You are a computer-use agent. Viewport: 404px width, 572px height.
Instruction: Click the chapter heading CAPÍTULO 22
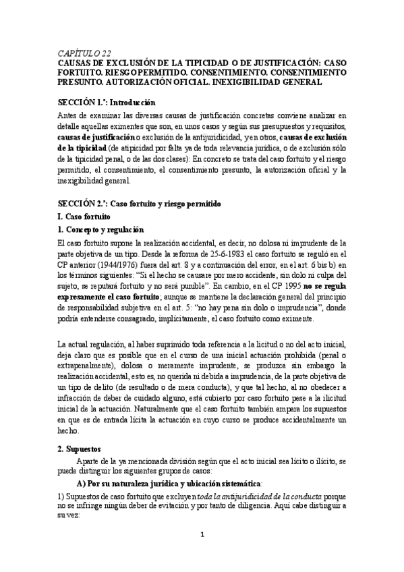pos(83,52)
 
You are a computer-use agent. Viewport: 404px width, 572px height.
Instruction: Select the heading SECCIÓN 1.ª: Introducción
pos(107,103)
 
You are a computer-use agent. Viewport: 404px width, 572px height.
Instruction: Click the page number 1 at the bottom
pos(202,554)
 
